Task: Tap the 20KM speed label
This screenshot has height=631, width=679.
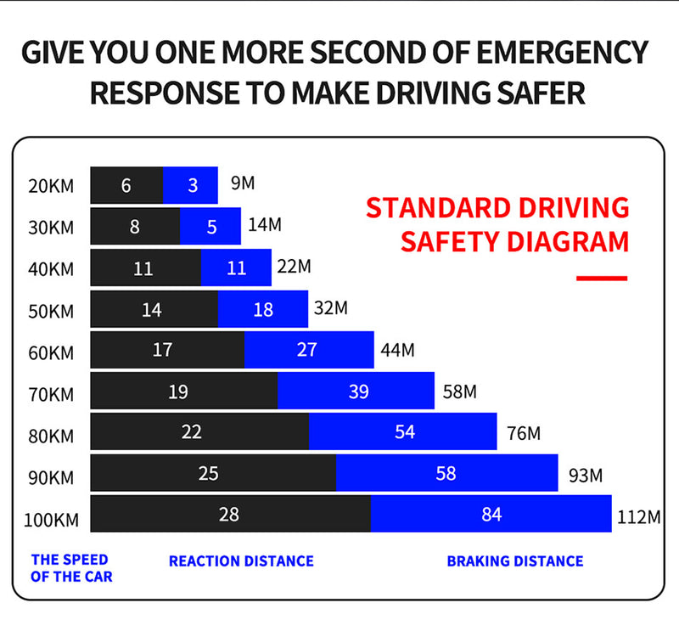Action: coord(51,186)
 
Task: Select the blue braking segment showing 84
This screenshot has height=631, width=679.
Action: coord(491,514)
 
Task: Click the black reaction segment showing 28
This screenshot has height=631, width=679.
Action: coord(230,514)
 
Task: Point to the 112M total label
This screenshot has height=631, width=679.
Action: coord(637,516)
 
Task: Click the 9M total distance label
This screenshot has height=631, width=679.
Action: coord(243,182)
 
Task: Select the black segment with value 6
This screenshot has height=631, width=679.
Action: coord(126,185)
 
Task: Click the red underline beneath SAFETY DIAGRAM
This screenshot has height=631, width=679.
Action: coord(601,278)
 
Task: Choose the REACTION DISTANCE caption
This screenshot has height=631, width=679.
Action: coord(241,561)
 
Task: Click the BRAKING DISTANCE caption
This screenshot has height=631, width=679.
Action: coord(515,561)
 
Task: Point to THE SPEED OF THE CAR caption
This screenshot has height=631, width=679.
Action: coord(71,568)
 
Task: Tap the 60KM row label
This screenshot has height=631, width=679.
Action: coord(51,352)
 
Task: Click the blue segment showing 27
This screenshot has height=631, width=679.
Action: coord(309,350)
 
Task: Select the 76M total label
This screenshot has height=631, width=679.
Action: coord(523,433)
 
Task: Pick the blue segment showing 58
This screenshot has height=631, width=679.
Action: coord(446,473)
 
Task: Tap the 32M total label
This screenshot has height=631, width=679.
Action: coord(331,307)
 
